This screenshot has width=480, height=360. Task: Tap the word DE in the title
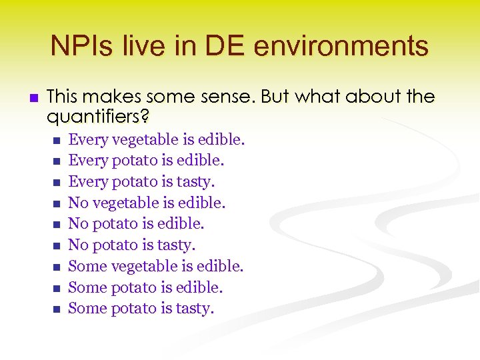point(227,46)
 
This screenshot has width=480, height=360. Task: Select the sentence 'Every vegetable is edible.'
point(157,140)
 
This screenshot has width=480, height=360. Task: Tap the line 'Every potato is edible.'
point(146,161)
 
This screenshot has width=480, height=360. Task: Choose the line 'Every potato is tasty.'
point(141,182)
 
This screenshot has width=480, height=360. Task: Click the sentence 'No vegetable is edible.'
point(147,203)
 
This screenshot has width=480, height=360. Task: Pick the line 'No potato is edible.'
point(136,224)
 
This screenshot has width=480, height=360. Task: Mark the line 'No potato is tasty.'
point(132,245)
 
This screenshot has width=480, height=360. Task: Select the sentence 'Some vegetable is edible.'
point(156,267)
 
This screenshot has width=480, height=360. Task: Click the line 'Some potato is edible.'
point(145,287)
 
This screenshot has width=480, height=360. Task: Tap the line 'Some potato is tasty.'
point(141,309)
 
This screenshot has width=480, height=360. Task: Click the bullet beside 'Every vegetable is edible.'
point(56,141)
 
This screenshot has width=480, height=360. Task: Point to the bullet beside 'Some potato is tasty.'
point(56,309)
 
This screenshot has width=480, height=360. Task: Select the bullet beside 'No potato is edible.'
point(56,225)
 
